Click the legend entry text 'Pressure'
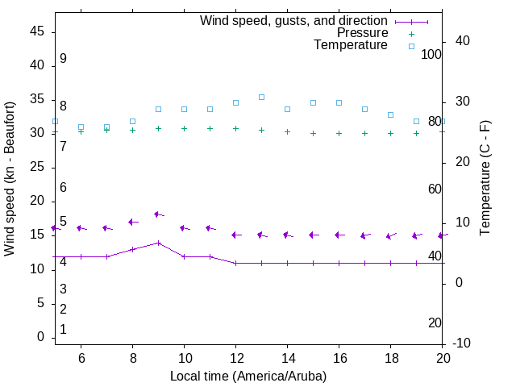pos(362,33)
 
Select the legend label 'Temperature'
pos(351,45)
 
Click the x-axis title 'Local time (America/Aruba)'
pos(248,376)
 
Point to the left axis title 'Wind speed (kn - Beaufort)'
pos(10,179)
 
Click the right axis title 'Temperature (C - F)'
pos(485,179)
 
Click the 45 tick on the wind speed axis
pos(37,31)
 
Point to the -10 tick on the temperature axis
pos(463,343)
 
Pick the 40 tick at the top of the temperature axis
pos(463,41)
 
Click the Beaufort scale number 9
pos(63,59)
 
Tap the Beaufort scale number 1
pos(63,330)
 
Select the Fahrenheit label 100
pos(431,54)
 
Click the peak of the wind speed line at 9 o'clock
pos(158,243)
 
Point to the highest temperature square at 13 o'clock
pos(261,97)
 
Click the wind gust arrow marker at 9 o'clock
pos(158,214)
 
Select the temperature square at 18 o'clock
pos(390,114)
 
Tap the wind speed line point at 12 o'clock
pos(235,263)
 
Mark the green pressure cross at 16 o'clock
pos(339,134)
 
